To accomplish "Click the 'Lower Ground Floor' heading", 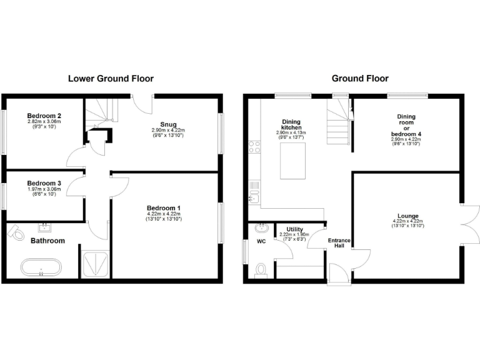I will [111, 79].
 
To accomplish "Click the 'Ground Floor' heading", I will [360, 79].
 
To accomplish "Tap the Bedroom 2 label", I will [44, 116].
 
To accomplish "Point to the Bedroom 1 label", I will [164, 208].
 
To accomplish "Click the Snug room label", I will [168, 124].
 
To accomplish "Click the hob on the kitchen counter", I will [254, 147].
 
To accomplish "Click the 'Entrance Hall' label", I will [339, 243].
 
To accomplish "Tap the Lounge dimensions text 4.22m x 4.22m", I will [407, 221].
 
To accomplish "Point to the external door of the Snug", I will [143, 103].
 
